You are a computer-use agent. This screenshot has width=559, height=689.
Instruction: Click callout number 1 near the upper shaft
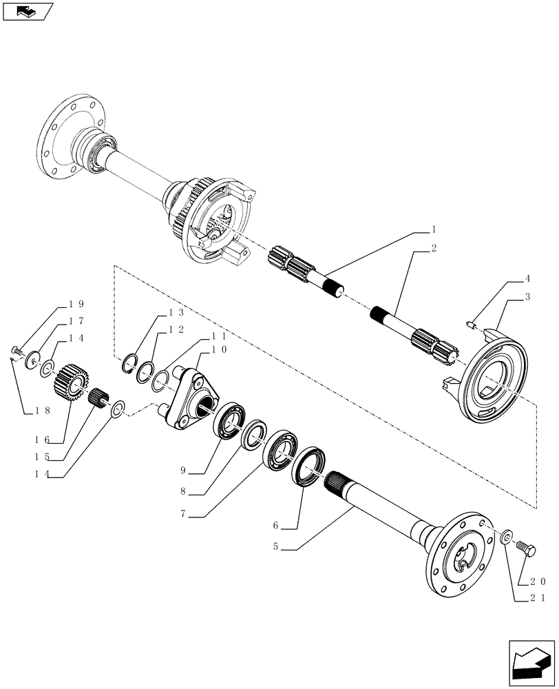(x=434, y=227)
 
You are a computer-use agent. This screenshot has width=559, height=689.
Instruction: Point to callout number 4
(x=527, y=279)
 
